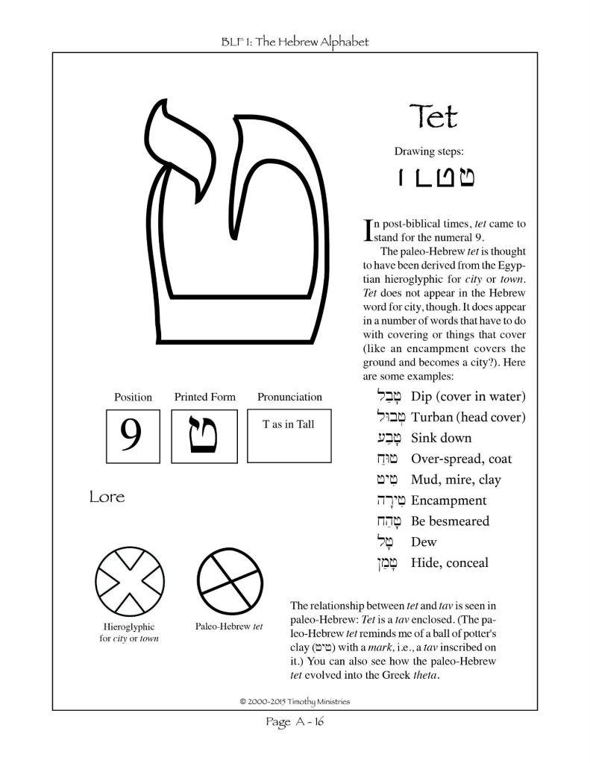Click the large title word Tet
tap(433, 117)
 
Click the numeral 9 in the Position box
tap(131, 435)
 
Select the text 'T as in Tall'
tap(288, 424)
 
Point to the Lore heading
tap(107, 497)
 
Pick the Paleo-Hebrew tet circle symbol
tap(229, 580)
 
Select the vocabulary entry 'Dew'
tap(424, 541)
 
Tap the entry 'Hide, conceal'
tap(450, 562)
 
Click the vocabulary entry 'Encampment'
tap(448, 500)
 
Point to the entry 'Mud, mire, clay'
tap(451, 480)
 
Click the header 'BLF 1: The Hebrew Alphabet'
tap(295, 42)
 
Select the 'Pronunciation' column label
tap(289, 397)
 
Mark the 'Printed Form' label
tap(204, 397)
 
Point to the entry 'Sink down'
tap(441, 438)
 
